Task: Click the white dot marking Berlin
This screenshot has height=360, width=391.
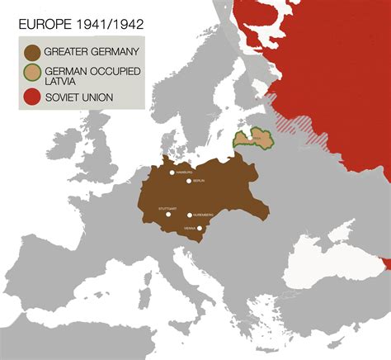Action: point(189,181)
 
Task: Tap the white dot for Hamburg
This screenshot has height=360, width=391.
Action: point(172,173)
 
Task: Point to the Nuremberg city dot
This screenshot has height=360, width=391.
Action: point(190,215)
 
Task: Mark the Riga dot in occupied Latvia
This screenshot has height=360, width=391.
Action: point(254,137)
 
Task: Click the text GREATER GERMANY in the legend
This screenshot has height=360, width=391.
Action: point(91,52)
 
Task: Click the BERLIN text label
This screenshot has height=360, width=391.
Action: point(199,181)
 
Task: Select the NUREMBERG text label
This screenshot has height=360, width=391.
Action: point(204,215)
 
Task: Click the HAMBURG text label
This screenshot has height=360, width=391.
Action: point(184,173)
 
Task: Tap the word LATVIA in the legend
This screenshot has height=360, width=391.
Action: point(69,81)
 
